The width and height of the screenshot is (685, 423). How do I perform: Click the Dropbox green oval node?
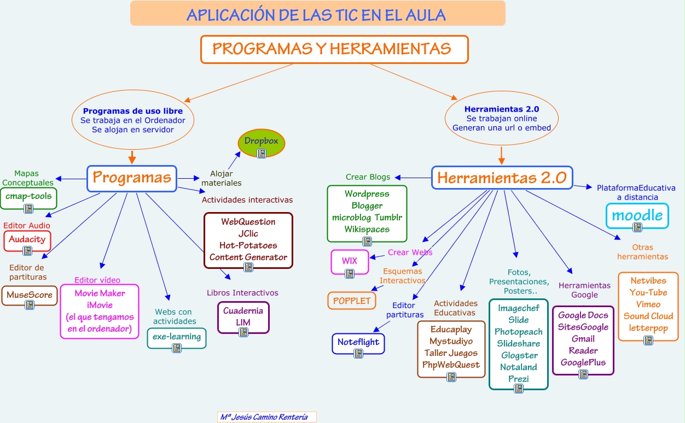click(262, 144)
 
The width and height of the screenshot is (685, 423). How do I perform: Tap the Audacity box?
click(27, 240)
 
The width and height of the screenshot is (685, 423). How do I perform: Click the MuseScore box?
click(30, 296)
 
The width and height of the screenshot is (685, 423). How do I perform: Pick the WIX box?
click(350, 262)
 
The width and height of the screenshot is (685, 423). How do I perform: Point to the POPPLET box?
click(352, 301)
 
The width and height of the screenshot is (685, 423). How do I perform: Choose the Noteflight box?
click(358, 343)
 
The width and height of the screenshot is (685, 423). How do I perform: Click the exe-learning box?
click(177, 338)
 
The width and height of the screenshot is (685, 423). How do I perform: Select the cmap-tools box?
click(28, 197)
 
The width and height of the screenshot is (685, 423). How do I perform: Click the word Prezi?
click(519, 379)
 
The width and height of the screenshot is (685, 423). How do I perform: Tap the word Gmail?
click(583, 339)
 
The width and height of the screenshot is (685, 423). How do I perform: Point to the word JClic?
click(248, 233)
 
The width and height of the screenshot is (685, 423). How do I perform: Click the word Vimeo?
click(648, 304)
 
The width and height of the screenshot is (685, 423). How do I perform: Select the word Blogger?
click(367, 206)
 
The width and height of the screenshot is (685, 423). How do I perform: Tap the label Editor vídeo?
click(97, 280)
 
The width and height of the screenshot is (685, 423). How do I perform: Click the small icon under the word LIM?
click(243, 332)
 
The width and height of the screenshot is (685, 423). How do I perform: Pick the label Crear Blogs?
click(368, 177)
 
